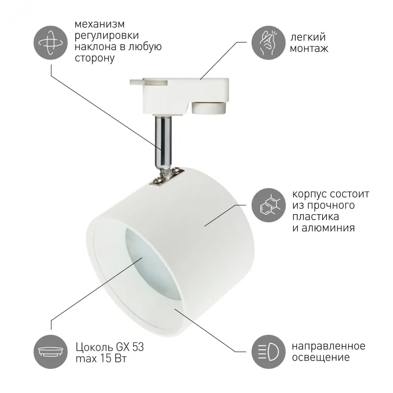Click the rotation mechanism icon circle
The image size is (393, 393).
51,43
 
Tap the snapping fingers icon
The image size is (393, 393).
268,43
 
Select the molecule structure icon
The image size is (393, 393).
268,205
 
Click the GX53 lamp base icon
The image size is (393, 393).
51,352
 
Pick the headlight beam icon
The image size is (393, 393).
268,352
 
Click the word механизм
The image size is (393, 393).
100,24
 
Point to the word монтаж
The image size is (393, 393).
309,48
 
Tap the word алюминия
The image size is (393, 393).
328,228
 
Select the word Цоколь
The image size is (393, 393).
94,347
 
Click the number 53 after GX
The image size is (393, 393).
138,347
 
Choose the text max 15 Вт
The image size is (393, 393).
101,359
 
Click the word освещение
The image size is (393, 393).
321,358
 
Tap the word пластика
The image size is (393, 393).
315,217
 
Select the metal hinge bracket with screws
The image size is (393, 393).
167,177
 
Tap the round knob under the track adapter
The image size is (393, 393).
209,108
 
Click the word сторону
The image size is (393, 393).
95,58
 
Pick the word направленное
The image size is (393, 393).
329,346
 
